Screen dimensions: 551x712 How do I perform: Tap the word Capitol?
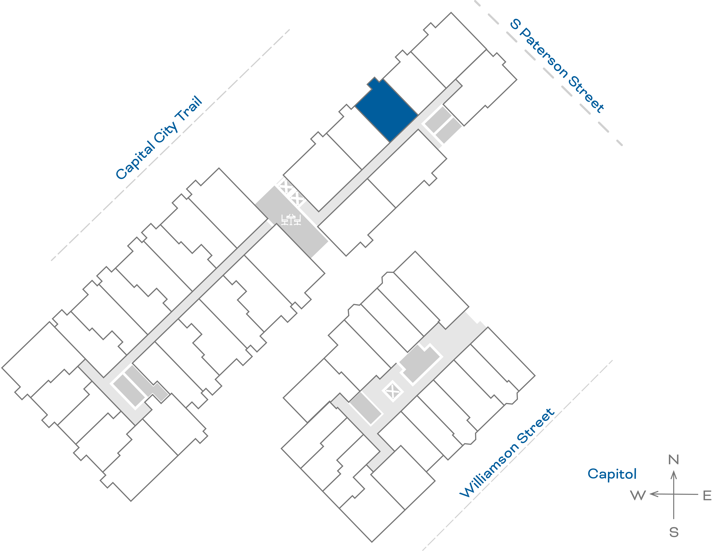[612, 474]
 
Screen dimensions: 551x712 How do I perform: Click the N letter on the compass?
[674, 460]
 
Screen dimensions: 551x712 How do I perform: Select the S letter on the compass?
[674, 532]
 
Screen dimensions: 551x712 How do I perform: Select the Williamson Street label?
[507, 453]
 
